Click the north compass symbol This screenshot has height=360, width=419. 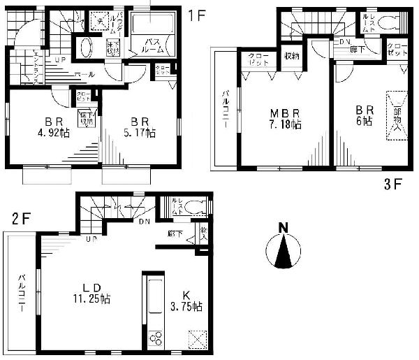click(x=283, y=248)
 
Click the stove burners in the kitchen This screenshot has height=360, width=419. click(x=154, y=338)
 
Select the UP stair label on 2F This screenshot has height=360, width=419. click(x=91, y=239)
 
